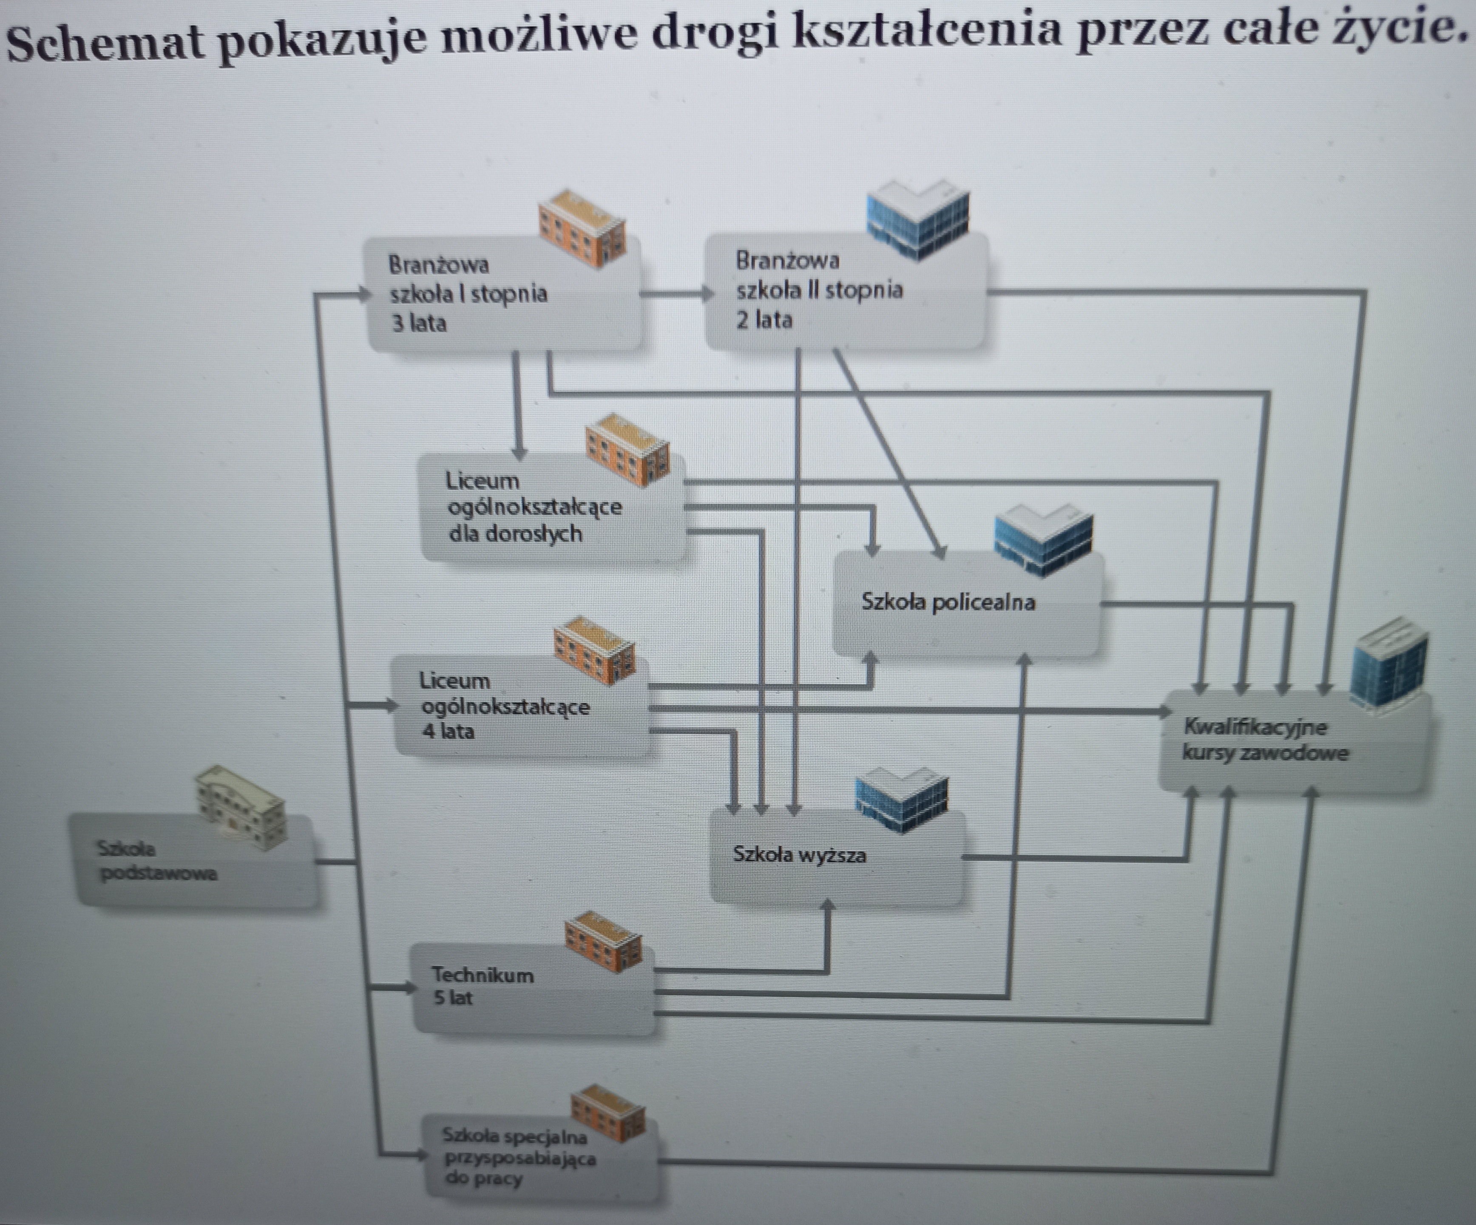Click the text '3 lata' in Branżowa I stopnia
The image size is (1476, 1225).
click(419, 323)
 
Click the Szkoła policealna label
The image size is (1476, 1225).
click(948, 602)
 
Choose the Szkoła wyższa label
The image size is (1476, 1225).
click(799, 855)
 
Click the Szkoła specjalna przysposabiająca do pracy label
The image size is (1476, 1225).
click(519, 1157)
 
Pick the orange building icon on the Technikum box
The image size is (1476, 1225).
click(603, 942)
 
